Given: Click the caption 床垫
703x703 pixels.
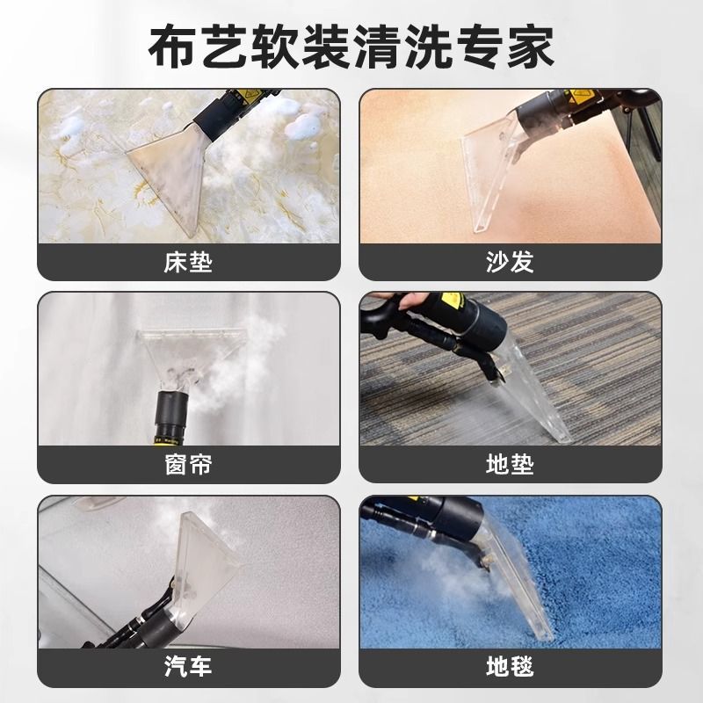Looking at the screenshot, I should [x=188, y=262].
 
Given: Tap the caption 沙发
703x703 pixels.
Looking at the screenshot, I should [x=510, y=262].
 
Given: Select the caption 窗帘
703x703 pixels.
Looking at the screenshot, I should [x=188, y=464].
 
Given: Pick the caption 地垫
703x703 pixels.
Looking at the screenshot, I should [x=510, y=464].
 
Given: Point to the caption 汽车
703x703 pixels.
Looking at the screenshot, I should [x=188, y=666].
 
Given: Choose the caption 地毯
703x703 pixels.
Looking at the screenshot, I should [x=510, y=666].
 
